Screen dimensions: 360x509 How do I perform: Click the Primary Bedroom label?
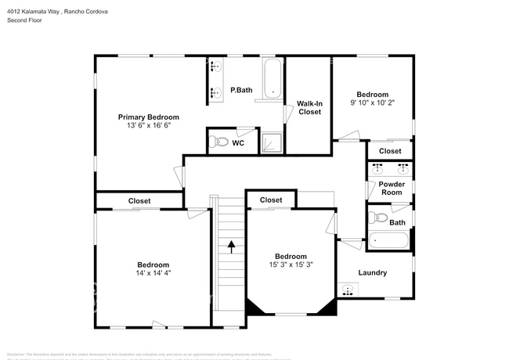[148, 117]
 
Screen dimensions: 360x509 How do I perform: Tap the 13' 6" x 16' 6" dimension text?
[148, 125]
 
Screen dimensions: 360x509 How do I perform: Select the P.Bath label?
[240, 91]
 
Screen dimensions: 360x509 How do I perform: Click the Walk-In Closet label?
[309, 107]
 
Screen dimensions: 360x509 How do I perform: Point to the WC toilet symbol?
[219, 142]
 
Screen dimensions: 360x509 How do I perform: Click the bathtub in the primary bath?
[273, 78]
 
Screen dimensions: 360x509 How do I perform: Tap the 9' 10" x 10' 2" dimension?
[373, 102]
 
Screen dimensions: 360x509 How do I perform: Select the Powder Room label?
[392, 189]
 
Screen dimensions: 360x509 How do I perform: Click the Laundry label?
[373, 272]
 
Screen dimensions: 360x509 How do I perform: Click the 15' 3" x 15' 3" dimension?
[290, 265]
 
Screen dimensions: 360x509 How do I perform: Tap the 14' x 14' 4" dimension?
[153, 274]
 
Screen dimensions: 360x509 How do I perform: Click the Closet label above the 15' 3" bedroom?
[271, 200]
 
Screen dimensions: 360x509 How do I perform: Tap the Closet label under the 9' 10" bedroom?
[390, 151]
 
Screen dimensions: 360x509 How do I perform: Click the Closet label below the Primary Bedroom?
[139, 201]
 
